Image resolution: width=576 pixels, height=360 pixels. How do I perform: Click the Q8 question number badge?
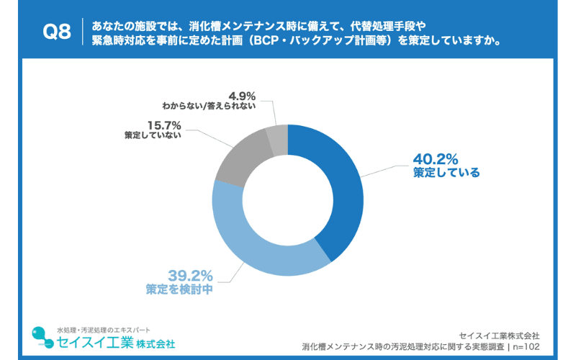(x=57, y=32)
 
